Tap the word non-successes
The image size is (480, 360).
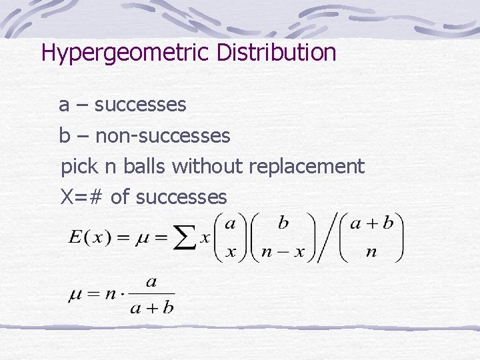[x=163, y=136]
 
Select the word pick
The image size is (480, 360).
[x=78, y=167]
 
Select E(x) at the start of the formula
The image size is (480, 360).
[x=86, y=238]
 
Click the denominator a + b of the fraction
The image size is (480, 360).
[x=151, y=307]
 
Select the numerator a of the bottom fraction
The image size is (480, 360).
[x=151, y=283]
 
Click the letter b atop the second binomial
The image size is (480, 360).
[x=283, y=223]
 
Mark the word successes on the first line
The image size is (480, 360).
[x=140, y=105]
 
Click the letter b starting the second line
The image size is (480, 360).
[x=65, y=136]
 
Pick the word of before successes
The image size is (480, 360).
[x=120, y=197]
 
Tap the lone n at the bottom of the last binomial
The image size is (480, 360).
[x=371, y=252]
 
